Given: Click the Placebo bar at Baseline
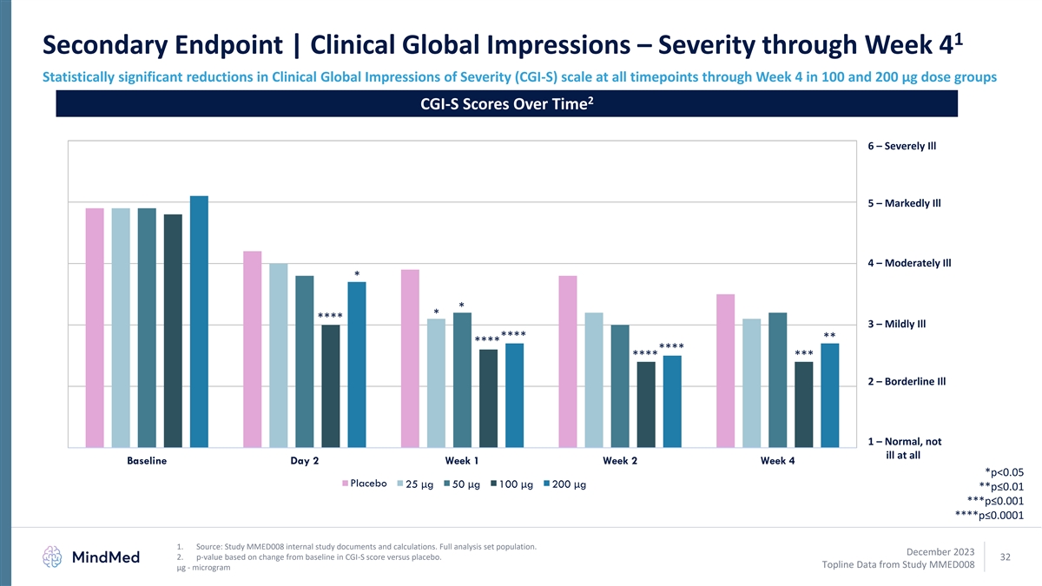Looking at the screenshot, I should point(95,327).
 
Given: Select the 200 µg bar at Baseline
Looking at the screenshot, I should point(200,321).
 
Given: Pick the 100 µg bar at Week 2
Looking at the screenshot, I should point(646,404).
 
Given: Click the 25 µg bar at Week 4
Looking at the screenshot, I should point(752,382).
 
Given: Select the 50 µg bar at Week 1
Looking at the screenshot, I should point(462,379).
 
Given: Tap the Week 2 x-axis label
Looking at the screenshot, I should point(621,461).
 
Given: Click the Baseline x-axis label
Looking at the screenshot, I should point(147,461).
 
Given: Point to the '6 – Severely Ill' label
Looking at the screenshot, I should point(901,146).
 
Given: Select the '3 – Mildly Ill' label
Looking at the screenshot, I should point(896,325).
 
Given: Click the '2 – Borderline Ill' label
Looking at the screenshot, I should point(906,382).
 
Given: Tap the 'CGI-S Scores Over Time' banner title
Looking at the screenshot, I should point(505,104).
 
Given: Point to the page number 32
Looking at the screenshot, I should point(1006,556).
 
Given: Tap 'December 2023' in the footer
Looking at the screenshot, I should point(939,551).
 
